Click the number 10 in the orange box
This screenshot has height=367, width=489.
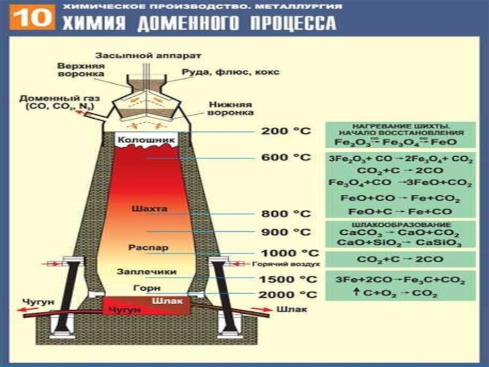click(x=29, y=18)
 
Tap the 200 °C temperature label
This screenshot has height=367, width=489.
click(x=285, y=131)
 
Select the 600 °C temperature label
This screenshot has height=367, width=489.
click(x=285, y=157)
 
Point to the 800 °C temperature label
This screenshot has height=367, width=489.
click(x=285, y=213)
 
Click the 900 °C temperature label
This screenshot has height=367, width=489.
click(x=285, y=232)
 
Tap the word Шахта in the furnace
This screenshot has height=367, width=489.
click(x=149, y=209)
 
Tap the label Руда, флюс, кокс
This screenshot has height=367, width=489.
click(x=230, y=72)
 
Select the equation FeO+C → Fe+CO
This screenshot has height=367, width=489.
click(x=400, y=211)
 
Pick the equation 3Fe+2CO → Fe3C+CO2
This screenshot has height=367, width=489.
click(x=400, y=281)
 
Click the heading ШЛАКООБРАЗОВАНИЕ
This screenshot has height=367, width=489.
click(x=400, y=224)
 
